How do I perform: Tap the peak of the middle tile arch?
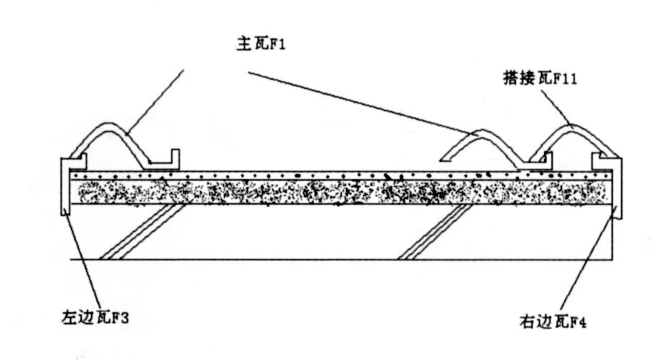coord(480,132)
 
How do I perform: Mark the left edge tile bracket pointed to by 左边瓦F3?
coord(65,184)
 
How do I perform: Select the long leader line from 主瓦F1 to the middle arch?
coord(361,101)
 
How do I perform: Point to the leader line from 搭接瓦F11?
coord(556,107)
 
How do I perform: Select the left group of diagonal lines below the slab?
coord(141,231)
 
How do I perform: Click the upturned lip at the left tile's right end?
coord(174,157)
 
